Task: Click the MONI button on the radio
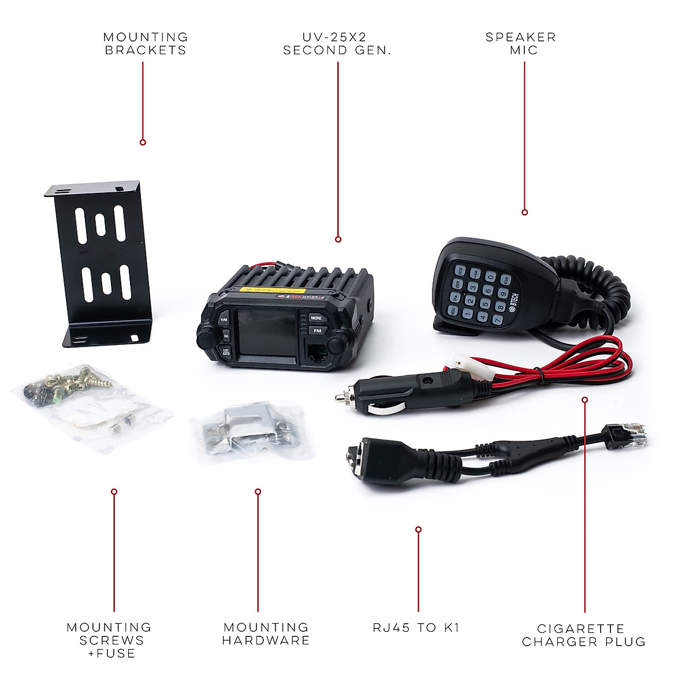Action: (316, 318)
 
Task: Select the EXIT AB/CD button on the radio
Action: (226, 351)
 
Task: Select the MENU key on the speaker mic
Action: (454, 311)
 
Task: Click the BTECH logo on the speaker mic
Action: (513, 303)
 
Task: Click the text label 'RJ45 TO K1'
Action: (416, 628)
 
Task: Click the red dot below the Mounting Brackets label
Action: (143, 142)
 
